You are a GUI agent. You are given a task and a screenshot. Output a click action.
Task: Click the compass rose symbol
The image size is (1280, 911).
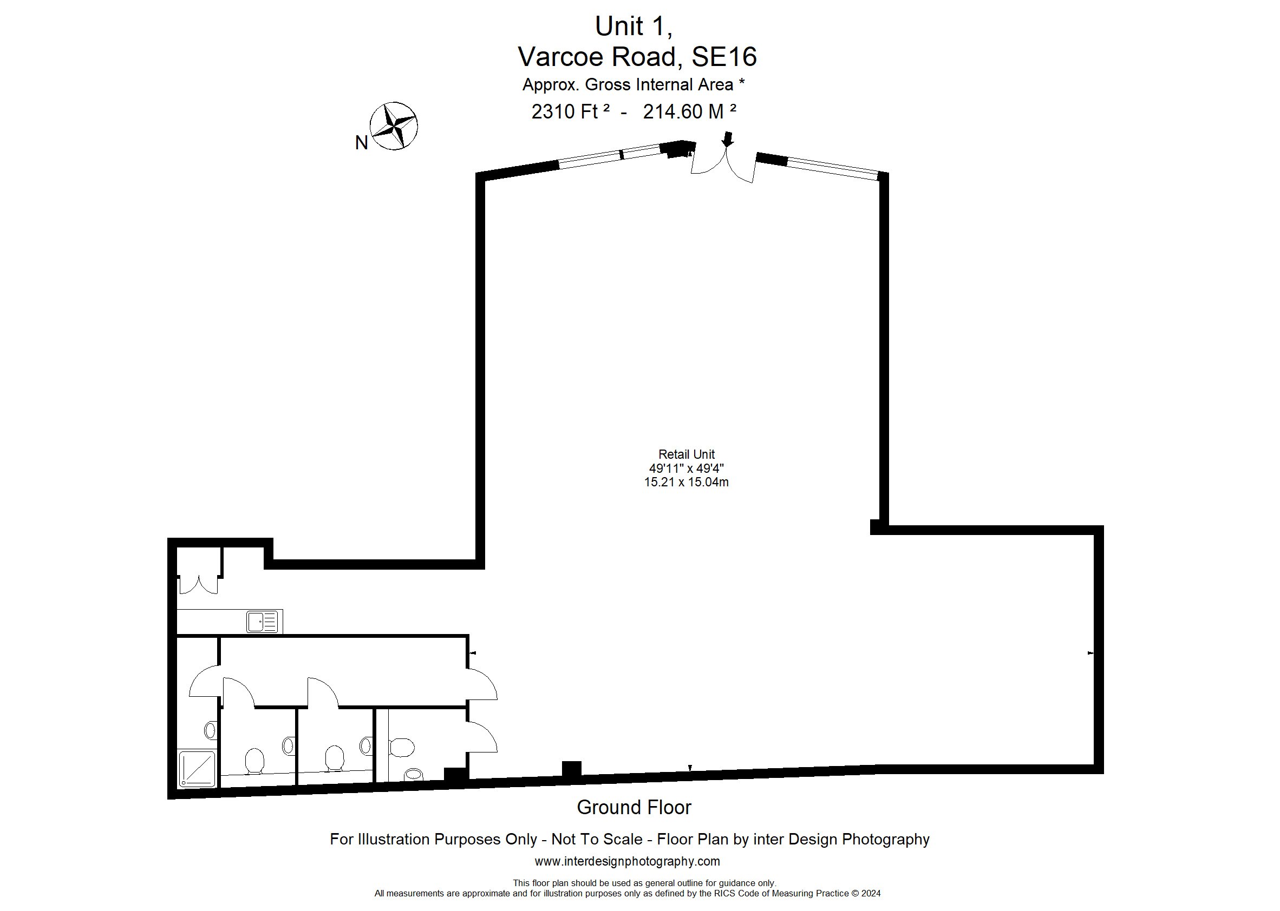[x=394, y=126]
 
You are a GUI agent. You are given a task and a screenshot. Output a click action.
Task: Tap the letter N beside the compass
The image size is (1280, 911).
[x=362, y=143]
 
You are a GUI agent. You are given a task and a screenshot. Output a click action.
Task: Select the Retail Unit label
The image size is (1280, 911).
[x=686, y=454]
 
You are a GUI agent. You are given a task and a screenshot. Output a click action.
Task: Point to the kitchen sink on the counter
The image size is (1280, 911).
[x=262, y=622]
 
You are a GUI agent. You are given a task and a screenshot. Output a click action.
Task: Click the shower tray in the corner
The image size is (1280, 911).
[x=197, y=769]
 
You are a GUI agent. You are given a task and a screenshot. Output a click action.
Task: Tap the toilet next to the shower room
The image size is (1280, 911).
[x=254, y=761]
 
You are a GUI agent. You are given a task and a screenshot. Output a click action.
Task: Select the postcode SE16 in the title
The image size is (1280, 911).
[x=724, y=57]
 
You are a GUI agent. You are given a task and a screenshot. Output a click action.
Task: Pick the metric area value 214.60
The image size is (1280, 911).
[x=672, y=111]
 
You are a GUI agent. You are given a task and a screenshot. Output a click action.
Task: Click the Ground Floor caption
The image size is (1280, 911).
[x=634, y=807]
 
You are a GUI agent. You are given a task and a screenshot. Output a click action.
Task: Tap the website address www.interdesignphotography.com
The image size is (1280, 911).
[x=627, y=861]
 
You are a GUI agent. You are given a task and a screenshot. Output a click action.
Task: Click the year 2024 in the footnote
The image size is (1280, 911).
[x=871, y=894]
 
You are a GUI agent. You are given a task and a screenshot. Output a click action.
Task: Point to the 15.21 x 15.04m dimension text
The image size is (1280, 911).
[x=686, y=482]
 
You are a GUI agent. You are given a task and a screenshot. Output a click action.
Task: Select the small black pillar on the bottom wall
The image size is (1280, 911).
[x=572, y=769]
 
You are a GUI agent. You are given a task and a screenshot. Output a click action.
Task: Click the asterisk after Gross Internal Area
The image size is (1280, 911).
[x=742, y=82]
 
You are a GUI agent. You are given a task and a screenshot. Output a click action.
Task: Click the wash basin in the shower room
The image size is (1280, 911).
[x=210, y=730]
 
